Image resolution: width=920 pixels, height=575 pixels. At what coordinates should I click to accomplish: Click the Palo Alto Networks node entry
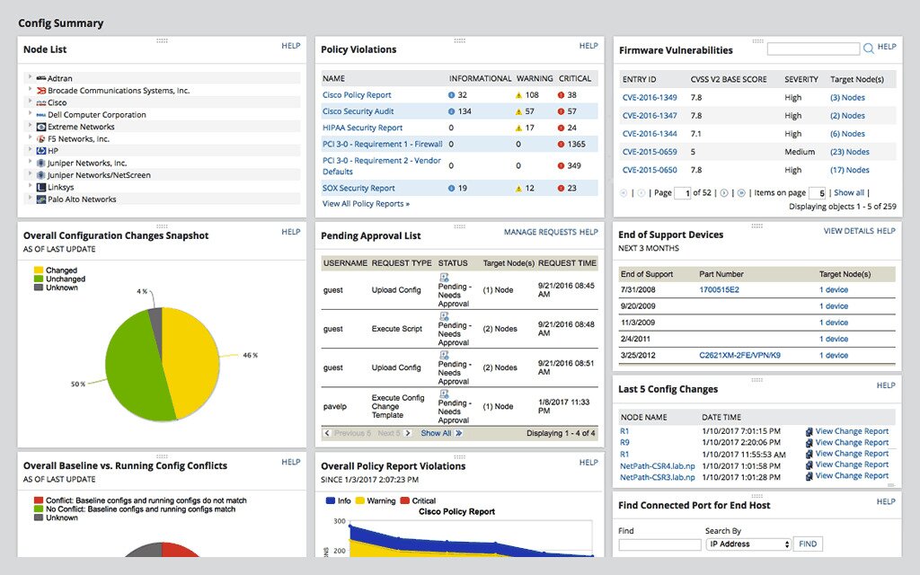coord(82,199)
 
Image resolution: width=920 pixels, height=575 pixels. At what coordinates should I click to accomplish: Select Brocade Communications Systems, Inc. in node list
coord(118,91)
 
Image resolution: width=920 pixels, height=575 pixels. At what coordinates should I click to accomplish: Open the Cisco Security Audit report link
coord(358,111)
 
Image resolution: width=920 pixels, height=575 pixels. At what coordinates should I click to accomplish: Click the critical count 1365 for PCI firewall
coord(576,144)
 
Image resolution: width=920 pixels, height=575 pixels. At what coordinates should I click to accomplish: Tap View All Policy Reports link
coord(366,204)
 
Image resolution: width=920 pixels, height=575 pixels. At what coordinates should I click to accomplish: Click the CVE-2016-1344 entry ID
coord(650,134)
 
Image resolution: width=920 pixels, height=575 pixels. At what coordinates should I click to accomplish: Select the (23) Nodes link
coord(849,152)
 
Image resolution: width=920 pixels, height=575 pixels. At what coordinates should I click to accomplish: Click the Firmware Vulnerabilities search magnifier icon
coord(868,49)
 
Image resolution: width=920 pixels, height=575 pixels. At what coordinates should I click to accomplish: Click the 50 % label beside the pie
coord(78,384)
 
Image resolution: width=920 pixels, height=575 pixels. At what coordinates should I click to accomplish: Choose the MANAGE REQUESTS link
coord(540,232)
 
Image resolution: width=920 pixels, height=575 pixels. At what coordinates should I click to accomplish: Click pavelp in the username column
coord(335,406)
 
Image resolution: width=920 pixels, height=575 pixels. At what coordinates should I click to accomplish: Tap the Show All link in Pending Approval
coord(436,433)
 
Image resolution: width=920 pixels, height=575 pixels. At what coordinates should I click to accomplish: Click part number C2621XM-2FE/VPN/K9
coord(739,356)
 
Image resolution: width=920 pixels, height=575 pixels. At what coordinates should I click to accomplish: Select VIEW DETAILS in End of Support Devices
coord(848,231)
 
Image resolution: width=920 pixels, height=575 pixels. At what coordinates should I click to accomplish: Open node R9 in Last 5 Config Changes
coord(624,443)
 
